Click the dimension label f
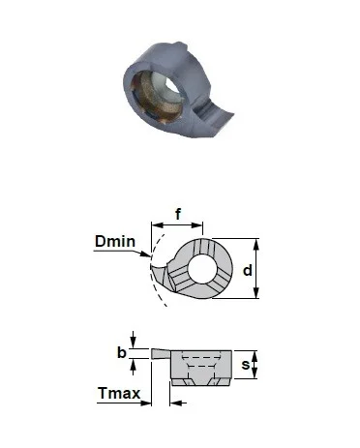point(178,214)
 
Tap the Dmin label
point(115,241)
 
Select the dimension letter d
point(247,270)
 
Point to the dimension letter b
point(121,352)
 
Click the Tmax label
point(119,393)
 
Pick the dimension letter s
point(246,365)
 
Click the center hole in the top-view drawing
point(202,269)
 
